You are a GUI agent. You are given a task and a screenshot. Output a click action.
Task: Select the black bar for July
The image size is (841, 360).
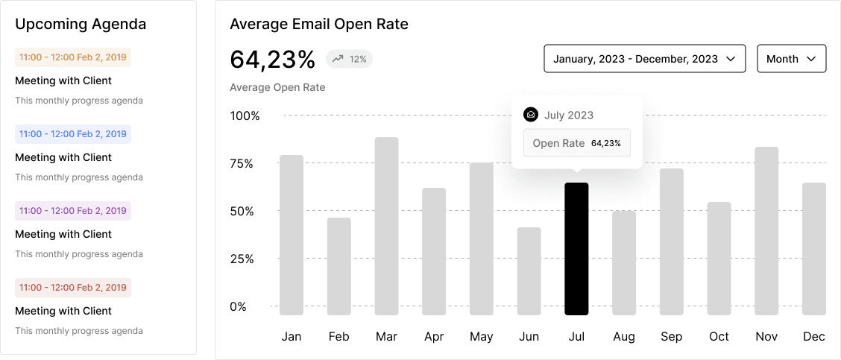coord(576,249)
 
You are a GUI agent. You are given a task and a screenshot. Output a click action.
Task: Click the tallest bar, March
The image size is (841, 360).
coord(386,226)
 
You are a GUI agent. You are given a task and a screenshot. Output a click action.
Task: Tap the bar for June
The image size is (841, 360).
coord(529,271)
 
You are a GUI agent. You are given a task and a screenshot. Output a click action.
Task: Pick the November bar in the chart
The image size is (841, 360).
coord(766,231)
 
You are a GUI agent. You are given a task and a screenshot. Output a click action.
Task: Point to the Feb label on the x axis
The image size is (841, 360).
coord(339,337)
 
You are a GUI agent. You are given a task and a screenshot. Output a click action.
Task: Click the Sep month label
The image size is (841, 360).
coord(672,337)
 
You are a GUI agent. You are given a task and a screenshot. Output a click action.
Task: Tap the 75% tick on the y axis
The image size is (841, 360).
coord(242,164)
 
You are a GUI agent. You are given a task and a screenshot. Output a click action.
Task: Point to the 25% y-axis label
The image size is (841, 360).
coord(242,259)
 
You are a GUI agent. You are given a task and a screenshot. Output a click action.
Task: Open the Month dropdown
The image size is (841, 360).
coord(792,58)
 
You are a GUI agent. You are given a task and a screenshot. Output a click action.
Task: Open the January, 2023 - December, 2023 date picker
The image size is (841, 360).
coord(645,58)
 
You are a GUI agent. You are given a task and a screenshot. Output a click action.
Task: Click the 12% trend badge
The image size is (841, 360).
coord(349,59)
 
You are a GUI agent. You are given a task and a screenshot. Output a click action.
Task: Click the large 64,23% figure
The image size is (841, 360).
coord(272,59)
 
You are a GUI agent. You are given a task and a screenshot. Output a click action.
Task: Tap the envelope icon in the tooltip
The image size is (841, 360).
coord(530,115)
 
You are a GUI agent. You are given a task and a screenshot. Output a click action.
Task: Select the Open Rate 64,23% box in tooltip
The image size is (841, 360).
coord(576,143)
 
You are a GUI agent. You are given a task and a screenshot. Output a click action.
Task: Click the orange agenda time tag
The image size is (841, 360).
coord(73,57)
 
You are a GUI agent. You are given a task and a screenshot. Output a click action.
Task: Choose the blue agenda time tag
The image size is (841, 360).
coord(73,134)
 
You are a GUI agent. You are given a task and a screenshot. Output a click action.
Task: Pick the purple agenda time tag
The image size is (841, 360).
coord(73,211)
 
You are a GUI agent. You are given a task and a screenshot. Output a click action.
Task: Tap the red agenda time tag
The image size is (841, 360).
coord(73,288)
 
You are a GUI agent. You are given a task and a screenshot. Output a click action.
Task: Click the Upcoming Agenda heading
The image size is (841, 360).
coord(81,24)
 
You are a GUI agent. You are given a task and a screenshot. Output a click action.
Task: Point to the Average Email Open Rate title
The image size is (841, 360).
coord(319,24)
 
